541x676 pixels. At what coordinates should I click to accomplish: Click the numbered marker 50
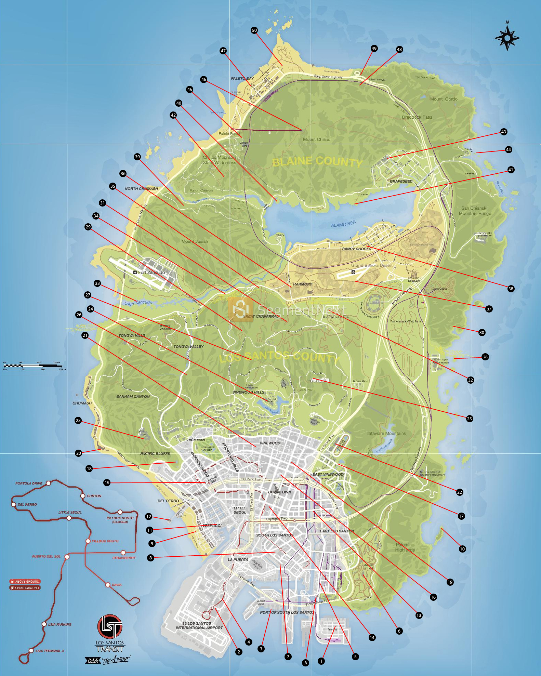254,30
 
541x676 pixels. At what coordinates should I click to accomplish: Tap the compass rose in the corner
507,38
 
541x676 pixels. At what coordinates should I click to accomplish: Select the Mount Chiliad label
316,140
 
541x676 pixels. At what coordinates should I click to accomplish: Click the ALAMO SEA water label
343,224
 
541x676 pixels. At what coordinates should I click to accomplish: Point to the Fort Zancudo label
151,273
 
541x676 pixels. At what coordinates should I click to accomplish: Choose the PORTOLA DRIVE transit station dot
49,483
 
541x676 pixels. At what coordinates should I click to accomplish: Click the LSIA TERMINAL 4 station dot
31,650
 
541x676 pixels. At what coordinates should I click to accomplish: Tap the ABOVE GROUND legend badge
25,581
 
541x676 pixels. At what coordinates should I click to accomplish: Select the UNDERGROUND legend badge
25,588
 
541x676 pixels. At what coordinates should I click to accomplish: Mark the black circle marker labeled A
306,663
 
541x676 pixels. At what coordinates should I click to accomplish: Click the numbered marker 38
511,289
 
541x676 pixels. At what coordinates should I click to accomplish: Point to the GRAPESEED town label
401,181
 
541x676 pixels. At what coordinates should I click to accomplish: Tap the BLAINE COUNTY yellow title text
317,162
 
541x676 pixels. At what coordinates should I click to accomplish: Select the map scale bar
34,366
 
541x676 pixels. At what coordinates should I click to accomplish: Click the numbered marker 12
148,516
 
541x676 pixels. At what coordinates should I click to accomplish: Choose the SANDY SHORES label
356,249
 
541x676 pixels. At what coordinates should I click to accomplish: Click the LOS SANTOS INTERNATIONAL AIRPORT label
199,625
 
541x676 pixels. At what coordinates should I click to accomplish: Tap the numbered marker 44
508,149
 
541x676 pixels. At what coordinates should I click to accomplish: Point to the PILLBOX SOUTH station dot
88,541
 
